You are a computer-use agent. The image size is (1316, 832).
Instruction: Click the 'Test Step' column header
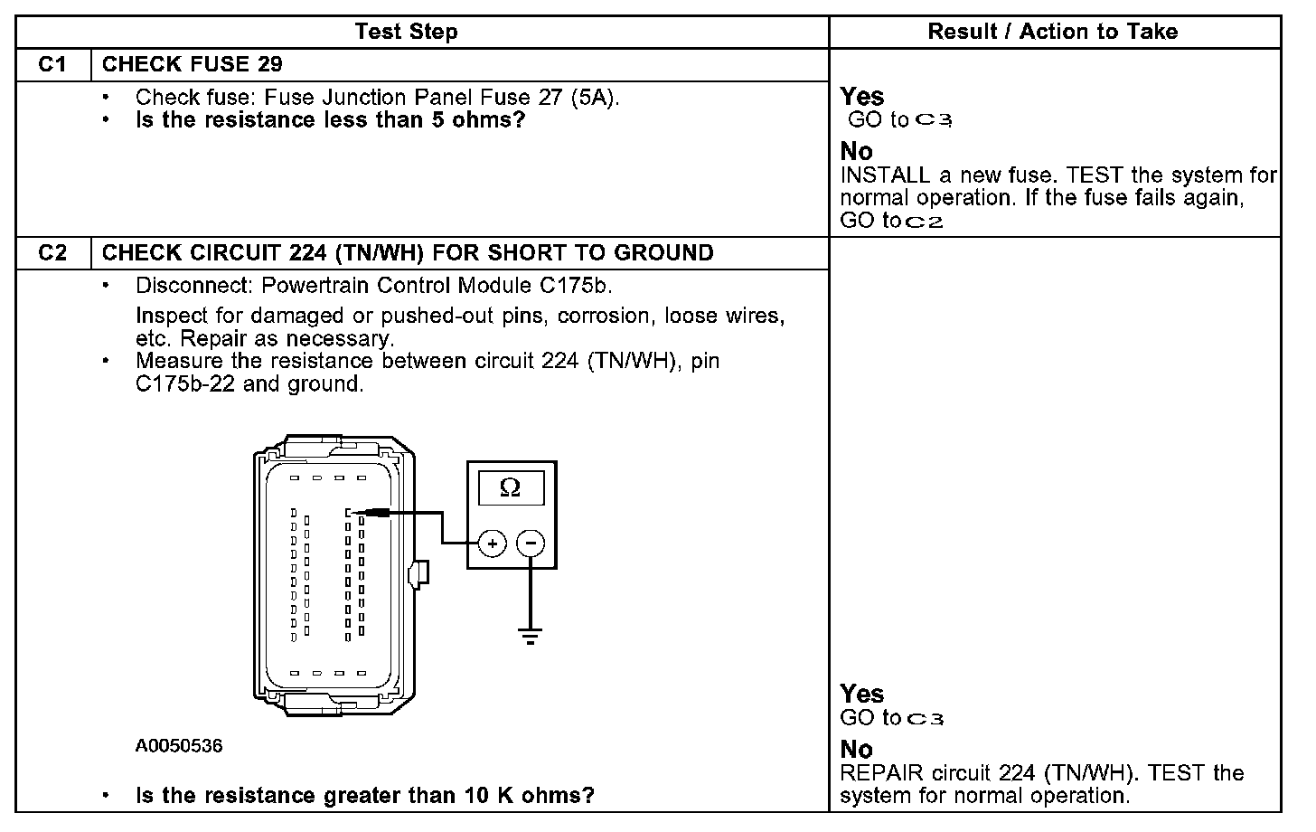click(406, 33)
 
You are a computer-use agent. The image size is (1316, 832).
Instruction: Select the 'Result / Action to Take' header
click(1053, 33)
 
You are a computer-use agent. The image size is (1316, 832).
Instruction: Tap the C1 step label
click(53, 64)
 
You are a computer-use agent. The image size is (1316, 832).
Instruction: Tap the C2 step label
click(53, 253)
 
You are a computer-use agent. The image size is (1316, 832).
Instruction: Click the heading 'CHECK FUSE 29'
click(192, 64)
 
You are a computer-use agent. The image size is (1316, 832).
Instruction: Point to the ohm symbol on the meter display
click(510, 488)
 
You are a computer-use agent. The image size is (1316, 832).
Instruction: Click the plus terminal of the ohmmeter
click(492, 544)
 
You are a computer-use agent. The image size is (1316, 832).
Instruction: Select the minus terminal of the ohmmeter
click(531, 544)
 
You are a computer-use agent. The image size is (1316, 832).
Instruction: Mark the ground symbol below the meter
click(531, 635)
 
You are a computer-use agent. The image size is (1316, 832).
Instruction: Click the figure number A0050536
click(179, 746)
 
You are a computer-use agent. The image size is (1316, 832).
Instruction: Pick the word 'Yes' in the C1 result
click(862, 97)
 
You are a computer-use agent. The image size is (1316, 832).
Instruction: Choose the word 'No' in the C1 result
click(856, 151)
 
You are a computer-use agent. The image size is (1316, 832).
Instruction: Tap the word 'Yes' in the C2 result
click(862, 694)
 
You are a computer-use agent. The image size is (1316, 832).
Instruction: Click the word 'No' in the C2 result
click(856, 750)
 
